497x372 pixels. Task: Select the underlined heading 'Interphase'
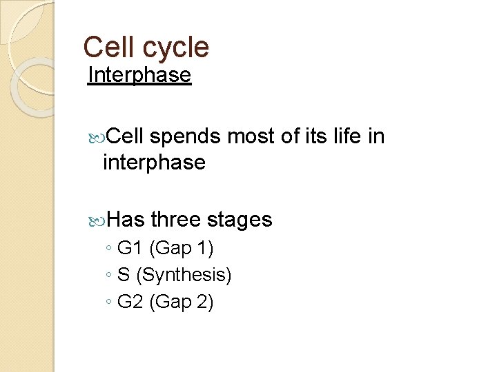[x=139, y=74]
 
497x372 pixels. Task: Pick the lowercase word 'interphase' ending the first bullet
[x=153, y=163]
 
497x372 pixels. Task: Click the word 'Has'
[x=125, y=220]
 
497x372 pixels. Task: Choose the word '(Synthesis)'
[x=184, y=276]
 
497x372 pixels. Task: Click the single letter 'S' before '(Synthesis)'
[x=124, y=276]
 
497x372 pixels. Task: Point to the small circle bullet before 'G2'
[x=109, y=303]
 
